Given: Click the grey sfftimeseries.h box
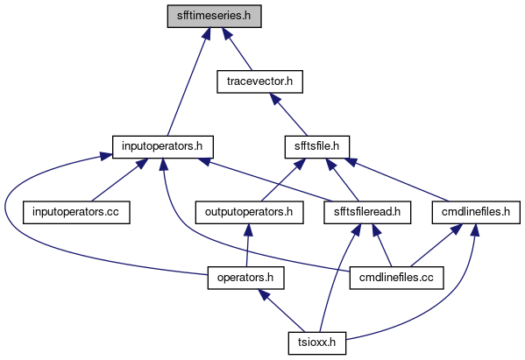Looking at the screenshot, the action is [214, 16].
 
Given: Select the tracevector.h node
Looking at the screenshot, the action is [259, 81].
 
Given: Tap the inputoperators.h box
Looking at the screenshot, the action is [163, 147].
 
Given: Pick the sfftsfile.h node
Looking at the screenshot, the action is [317, 147].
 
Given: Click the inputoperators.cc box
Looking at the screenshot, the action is [76, 213].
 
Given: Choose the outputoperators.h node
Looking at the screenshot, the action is [250, 213].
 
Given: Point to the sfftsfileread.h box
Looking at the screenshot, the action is [367, 213].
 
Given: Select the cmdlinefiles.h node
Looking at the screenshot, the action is [476, 213].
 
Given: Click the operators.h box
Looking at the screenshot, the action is [245, 278].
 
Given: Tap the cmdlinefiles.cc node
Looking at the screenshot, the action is [397, 278].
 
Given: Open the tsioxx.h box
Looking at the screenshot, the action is [317, 343].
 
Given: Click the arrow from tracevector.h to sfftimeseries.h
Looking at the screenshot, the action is [237, 49].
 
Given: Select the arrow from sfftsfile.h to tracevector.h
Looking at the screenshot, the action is [288, 115].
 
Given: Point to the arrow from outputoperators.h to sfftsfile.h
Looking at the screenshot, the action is [283, 180].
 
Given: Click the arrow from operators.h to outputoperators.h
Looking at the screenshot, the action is [247, 245].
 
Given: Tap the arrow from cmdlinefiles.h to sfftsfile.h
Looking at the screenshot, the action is [397, 180].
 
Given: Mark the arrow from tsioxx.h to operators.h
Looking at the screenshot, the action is [281, 311].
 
